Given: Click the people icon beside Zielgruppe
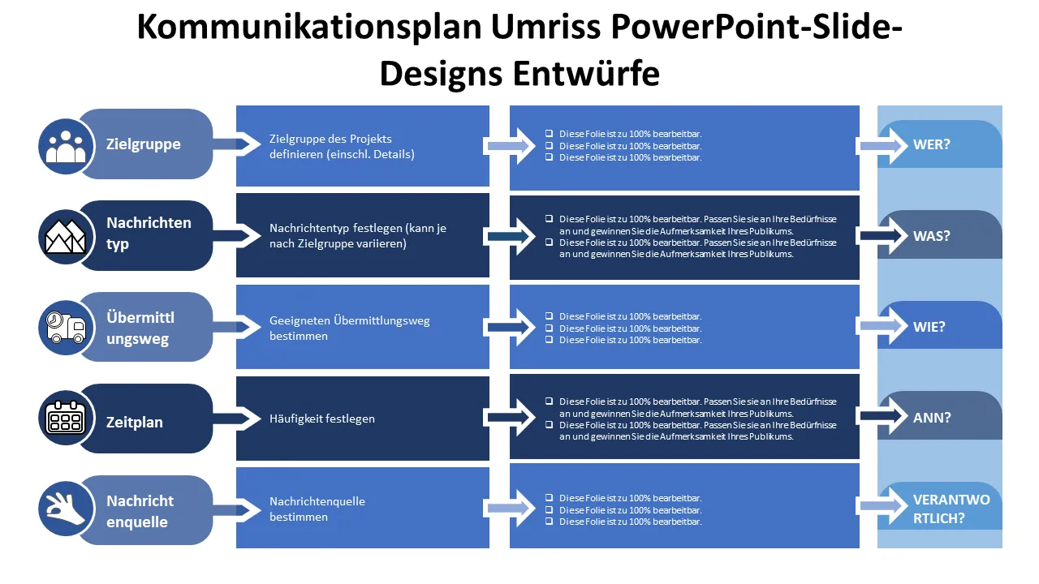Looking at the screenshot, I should (x=66, y=145).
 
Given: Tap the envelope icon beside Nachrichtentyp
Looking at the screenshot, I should (x=66, y=236).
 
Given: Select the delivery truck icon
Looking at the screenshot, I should (x=66, y=328).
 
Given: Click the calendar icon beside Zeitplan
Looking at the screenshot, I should (x=66, y=419).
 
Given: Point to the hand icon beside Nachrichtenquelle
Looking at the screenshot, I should (x=66, y=509).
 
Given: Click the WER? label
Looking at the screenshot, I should (x=931, y=145).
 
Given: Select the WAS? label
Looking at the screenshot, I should (x=931, y=236).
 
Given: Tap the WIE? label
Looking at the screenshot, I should (x=929, y=328).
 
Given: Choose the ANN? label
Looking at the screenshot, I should (x=931, y=419).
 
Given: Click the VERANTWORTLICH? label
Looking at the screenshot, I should (x=951, y=509).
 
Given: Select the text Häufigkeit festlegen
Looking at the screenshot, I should (x=322, y=419).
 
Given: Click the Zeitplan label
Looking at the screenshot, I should (x=135, y=422).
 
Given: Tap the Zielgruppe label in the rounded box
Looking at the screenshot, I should (x=144, y=144).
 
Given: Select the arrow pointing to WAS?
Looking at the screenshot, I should (x=882, y=236).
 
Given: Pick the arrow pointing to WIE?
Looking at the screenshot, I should (x=882, y=326).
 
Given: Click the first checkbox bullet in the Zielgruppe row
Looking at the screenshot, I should (x=550, y=134).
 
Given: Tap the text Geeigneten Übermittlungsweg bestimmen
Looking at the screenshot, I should (x=350, y=328).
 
